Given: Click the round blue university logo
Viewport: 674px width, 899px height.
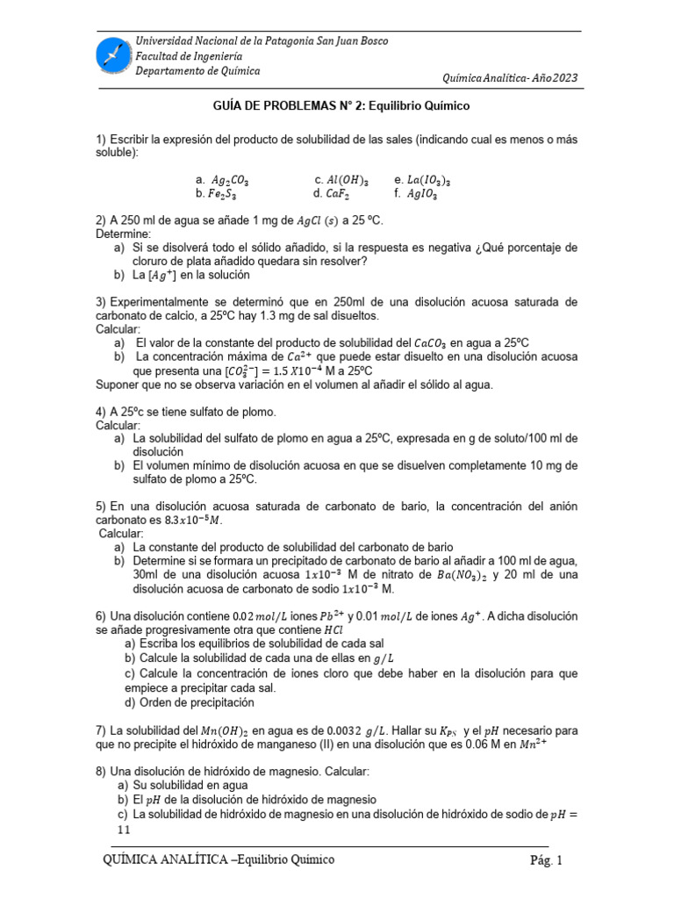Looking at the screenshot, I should pos(113,55).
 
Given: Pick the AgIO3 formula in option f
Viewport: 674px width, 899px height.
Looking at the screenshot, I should pos(424,194).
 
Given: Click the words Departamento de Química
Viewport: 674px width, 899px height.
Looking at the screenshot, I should pos(197,71).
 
